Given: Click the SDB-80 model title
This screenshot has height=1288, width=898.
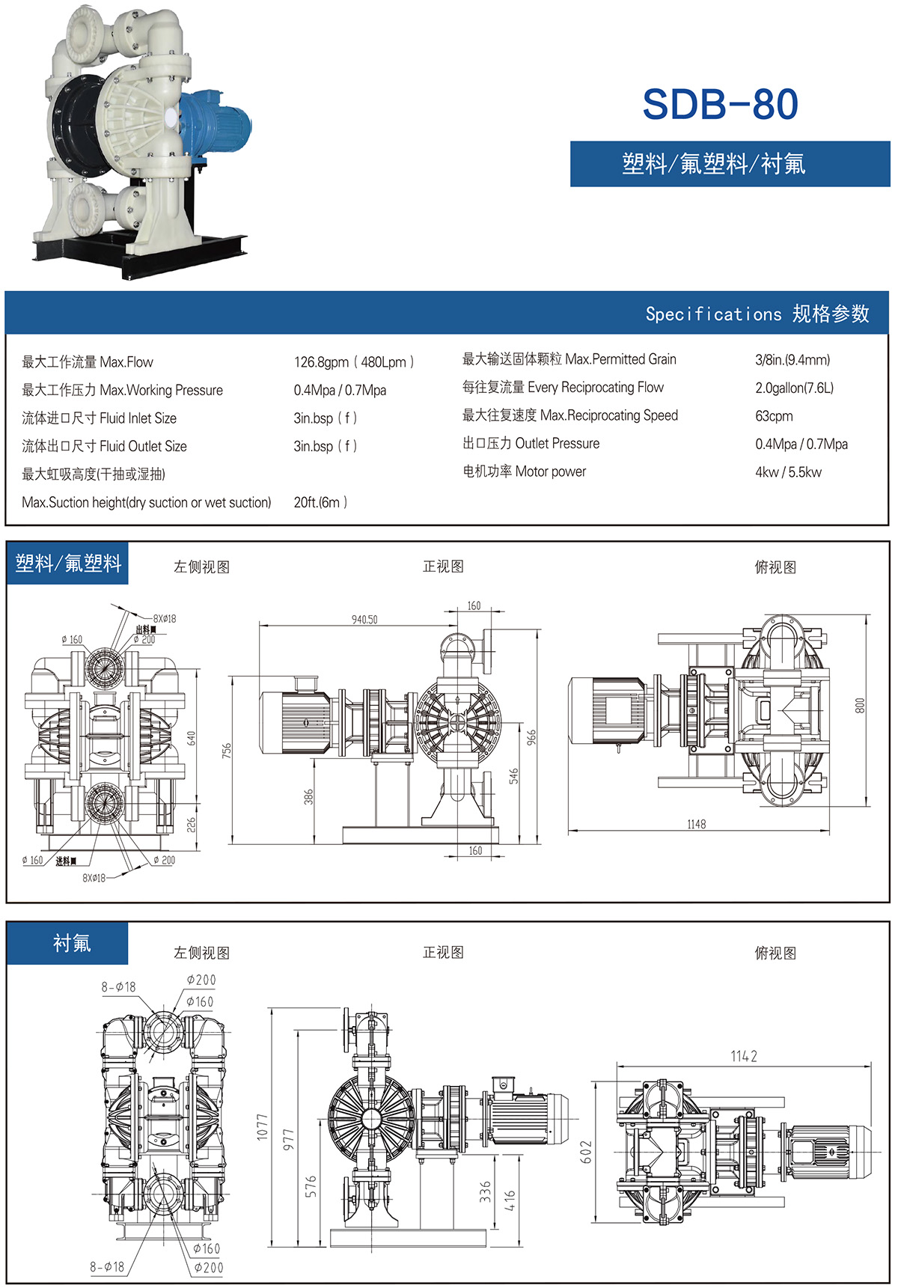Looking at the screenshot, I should [720, 104].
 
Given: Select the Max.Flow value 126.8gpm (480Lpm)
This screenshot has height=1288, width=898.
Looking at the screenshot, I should [353, 362].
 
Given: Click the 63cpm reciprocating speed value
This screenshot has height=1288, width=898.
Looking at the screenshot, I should [774, 416].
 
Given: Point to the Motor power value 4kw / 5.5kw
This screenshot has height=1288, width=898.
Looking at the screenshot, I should [788, 472].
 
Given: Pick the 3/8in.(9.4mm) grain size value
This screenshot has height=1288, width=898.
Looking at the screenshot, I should [792, 360].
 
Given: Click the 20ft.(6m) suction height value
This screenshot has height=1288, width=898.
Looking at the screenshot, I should [320, 502].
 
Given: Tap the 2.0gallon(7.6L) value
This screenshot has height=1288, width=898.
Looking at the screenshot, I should [794, 388].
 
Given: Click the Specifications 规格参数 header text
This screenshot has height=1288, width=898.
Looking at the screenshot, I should [757, 314].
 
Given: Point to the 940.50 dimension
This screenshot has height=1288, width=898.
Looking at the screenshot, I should [364, 620].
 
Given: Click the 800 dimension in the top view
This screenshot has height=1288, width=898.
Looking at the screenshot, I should [860, 705].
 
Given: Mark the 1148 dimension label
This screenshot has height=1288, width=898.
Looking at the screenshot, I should [696, 824].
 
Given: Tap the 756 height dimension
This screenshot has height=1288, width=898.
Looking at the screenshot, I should [227, 750].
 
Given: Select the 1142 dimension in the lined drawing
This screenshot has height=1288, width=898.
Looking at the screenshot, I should [744, 1056].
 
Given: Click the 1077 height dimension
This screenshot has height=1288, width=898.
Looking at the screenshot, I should [263, 1126].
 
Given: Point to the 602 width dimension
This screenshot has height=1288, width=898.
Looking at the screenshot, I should [586, 1152].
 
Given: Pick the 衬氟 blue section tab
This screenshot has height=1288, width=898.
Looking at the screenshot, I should [71, 943].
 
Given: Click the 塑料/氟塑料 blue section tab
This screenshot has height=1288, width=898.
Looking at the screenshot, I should [68, 563].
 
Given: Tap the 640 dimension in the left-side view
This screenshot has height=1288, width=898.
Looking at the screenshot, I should [192, 738].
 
